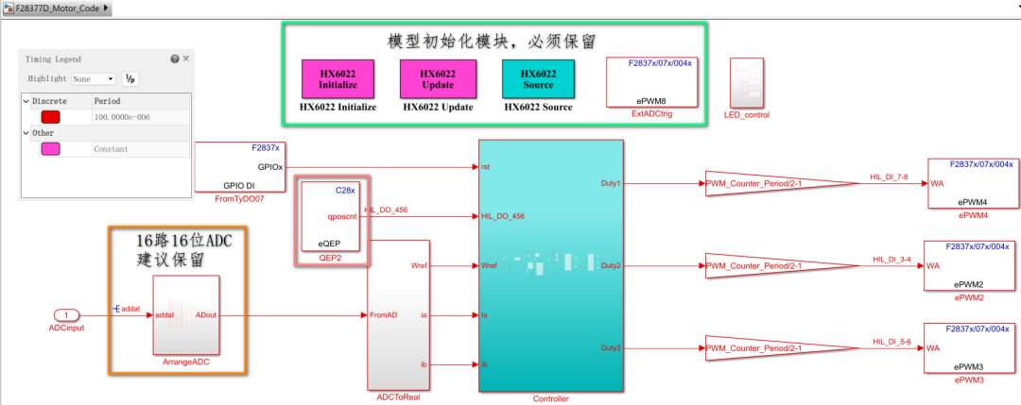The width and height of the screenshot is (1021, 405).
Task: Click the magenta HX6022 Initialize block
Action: click(337, 78)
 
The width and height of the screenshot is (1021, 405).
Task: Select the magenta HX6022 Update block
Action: click(437, 78)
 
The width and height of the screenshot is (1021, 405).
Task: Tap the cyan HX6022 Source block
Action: click(538, 78)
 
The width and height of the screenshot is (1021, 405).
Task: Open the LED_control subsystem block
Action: click(746, 83)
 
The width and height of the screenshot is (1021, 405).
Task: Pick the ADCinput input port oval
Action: click(67, 314)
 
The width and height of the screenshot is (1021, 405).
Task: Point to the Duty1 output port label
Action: click(611, 182)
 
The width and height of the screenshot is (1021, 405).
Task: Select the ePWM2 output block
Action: click(972, 266)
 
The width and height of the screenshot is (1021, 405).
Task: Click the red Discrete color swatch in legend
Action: click(50, 117)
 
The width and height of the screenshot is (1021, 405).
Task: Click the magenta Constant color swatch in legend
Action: click(50, 149)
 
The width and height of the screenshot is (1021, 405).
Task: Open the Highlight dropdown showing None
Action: click(94, 79)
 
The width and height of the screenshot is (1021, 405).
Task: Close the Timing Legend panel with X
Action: click(185, 59)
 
